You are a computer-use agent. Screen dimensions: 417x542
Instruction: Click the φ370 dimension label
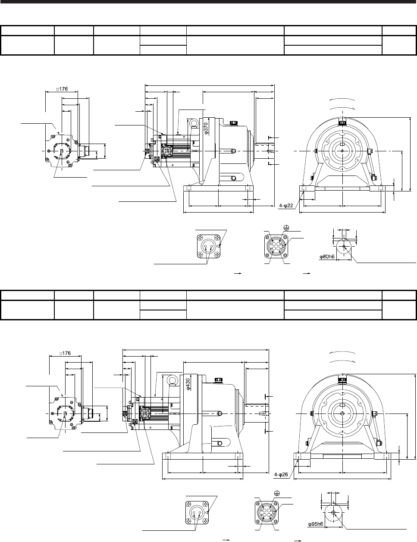click(x=206, y=128)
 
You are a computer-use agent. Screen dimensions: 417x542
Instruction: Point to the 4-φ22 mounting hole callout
click(x=286, y=206)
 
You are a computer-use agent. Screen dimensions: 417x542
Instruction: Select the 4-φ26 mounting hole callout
click(x=281, y=475)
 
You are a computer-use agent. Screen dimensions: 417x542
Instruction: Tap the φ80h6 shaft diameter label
click(x=327, y=256)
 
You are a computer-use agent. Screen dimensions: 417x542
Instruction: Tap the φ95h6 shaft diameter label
click(x=316, y=524)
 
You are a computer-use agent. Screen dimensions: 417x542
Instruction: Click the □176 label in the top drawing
click(x=62, y=89)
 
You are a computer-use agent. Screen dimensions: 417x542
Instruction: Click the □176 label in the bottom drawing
click(x=65, y=353)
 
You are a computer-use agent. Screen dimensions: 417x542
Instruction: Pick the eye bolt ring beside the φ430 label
click(x=172, y=380)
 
